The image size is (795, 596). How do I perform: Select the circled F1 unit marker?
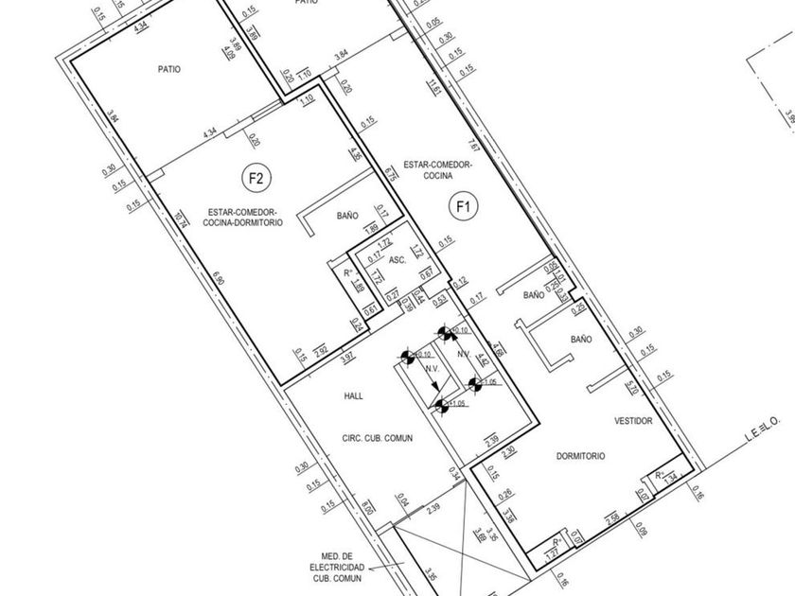coord(463,204)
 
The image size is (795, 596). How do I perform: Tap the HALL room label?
coord(355,397)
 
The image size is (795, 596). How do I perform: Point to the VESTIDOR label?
coord(633,421)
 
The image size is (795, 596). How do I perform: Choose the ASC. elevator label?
coord(398,258)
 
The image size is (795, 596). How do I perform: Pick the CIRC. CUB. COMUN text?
coord(378,438)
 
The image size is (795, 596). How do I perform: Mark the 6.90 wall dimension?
coord(220,280)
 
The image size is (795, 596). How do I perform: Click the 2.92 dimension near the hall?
coord(321,352)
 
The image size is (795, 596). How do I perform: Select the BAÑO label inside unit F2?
coord(346,216)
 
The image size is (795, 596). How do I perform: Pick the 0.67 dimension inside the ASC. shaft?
coord(426,274)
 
